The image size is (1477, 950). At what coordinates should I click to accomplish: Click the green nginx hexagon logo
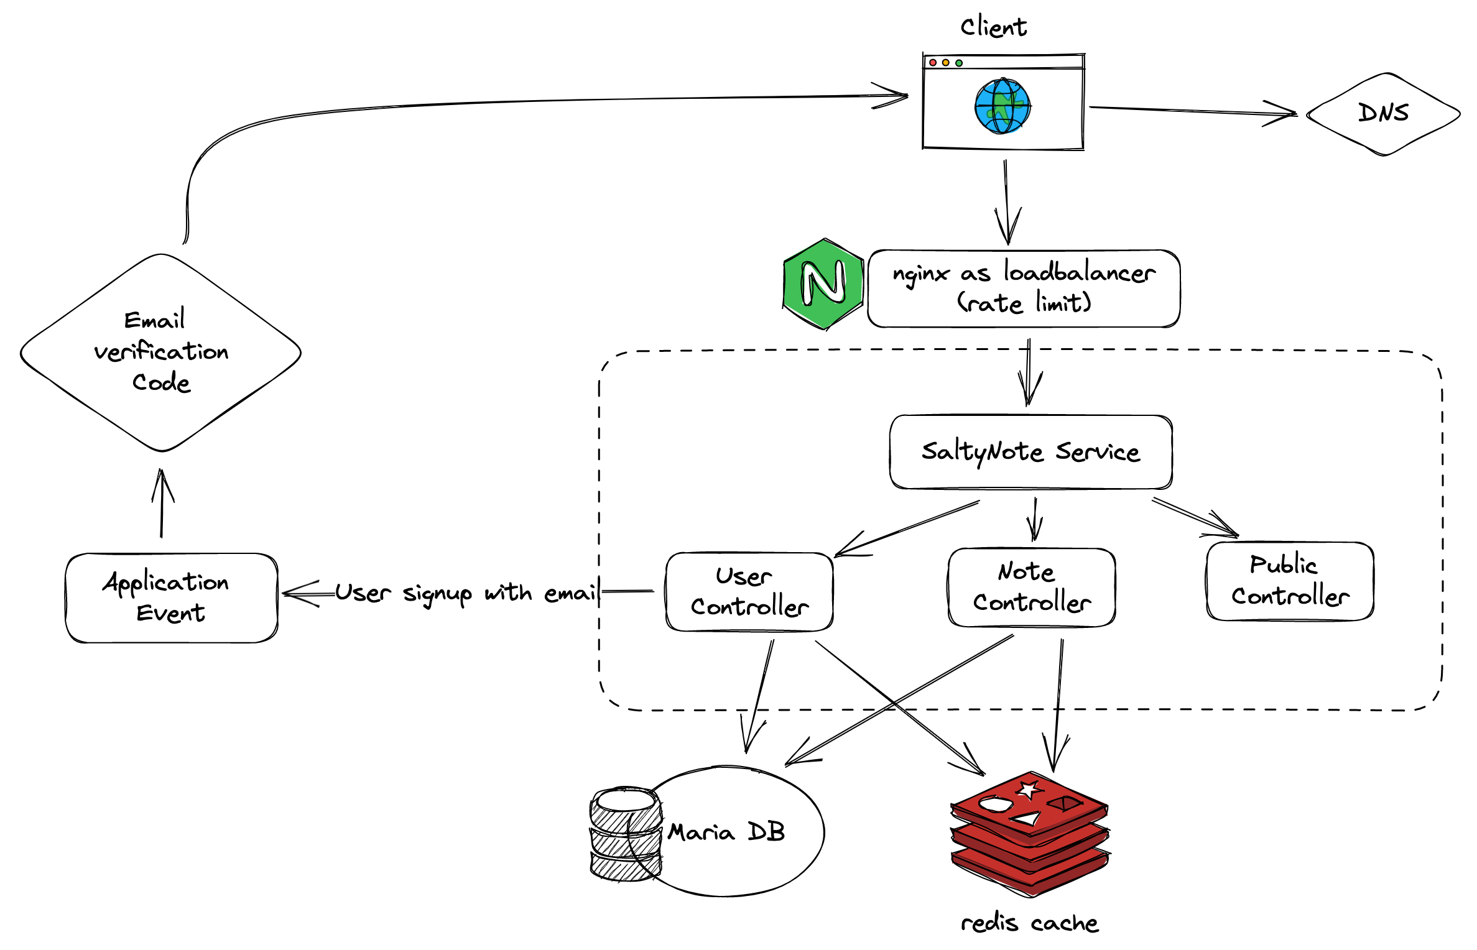[823, 284]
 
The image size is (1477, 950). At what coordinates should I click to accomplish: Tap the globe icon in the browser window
[1002, 106]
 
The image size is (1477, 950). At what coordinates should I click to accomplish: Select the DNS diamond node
[1383, 114]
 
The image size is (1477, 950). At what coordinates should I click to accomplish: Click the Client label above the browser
[993, 27]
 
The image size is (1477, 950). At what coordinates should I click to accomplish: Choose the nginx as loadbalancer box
[1024, 288]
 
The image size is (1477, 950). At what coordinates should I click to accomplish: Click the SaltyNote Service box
[1030, 452]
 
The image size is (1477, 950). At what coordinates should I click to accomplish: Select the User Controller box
[749, 591]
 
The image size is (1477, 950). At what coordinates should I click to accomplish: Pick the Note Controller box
[1031, 587]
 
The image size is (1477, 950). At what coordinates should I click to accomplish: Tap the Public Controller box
[1290, 581]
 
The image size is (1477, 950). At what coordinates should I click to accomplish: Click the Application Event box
[171, 597]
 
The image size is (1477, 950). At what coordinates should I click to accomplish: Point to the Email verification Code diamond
[160, 352]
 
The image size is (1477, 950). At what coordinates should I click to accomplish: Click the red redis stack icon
[1030, 833]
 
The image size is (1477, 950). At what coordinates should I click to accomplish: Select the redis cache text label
[1029, 923]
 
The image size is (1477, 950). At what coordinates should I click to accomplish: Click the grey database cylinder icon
[625, 834]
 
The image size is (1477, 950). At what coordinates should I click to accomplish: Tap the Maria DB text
[726, 832]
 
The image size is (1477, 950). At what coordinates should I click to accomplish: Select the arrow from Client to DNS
[1191, 111]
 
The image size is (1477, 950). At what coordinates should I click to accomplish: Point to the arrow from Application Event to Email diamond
[162, 504]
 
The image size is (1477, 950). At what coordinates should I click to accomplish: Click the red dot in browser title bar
[932, 63]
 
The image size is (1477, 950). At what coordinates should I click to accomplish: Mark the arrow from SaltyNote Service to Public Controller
[1194, 517]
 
